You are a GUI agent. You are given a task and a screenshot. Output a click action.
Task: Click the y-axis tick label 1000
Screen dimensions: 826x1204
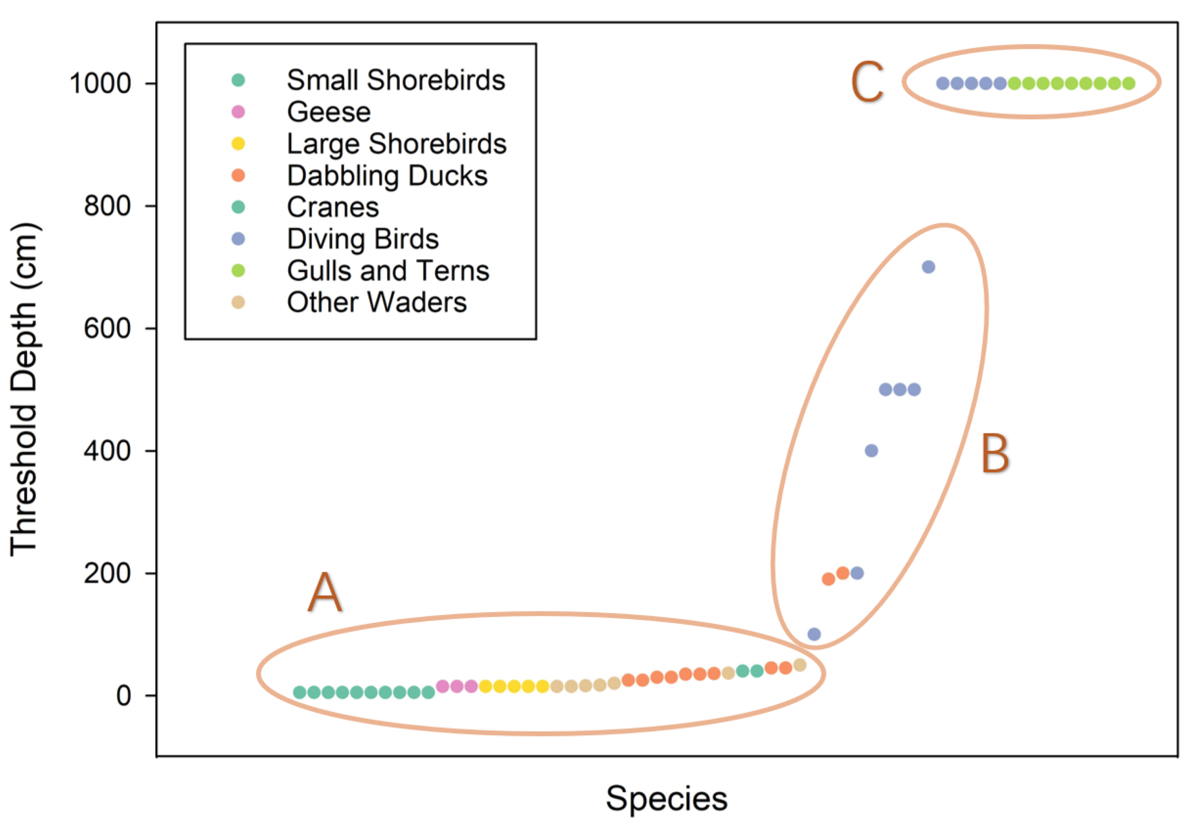coord(100,83)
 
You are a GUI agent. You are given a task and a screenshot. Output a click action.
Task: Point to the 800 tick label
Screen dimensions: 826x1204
coord(108,206)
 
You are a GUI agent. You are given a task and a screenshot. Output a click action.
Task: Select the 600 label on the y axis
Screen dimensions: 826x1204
coord(108,328)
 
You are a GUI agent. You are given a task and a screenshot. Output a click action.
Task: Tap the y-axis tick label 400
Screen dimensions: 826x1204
coord(108,451)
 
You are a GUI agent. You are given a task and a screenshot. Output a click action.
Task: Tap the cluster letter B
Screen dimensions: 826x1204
coord(995,454)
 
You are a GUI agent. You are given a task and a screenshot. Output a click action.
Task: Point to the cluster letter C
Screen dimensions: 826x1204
coord(867,82)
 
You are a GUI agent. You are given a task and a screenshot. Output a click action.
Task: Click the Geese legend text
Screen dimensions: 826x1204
coord(329,112)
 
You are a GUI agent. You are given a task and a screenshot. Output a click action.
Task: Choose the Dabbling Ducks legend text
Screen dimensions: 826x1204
coord(387,176)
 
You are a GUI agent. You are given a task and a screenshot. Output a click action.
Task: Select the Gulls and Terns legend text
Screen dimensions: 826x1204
coord(388,271)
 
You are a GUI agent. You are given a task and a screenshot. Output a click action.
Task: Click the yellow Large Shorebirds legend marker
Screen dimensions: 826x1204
coord(238,144)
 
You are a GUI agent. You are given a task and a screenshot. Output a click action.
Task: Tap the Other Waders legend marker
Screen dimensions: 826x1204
coord(238,302)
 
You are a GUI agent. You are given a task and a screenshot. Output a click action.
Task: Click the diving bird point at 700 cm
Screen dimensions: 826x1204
coord(928,267)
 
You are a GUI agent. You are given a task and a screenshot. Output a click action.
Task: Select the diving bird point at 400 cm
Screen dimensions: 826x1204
coord(871,451)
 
